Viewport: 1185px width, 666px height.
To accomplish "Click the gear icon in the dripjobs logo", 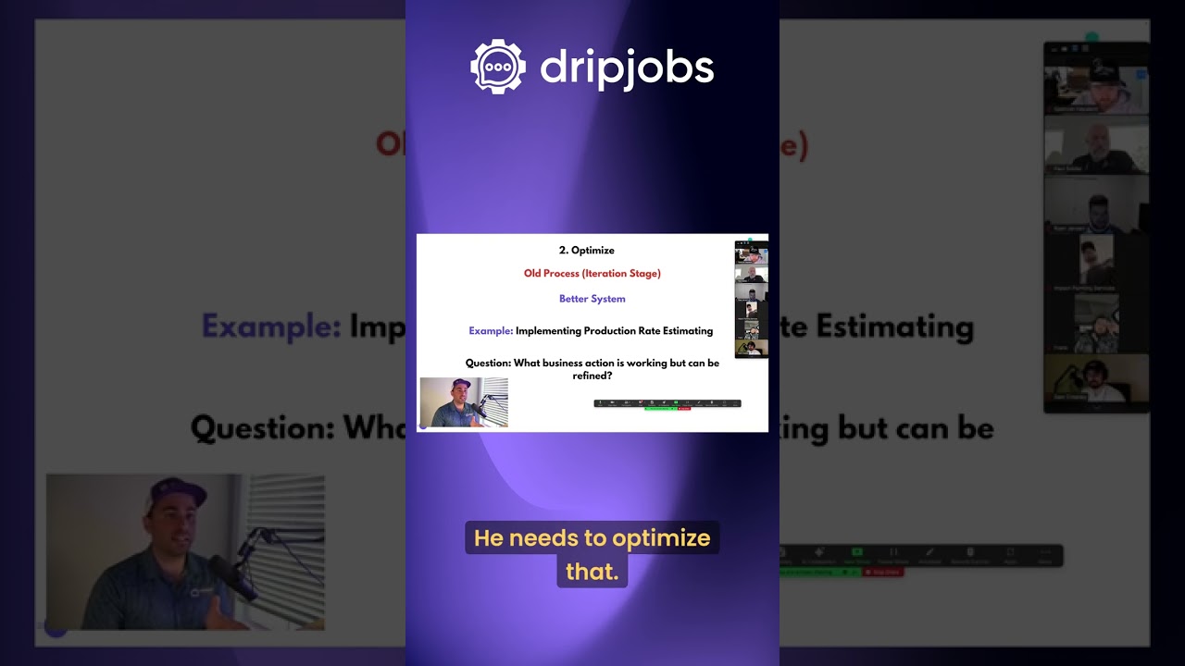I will tap(498, 68).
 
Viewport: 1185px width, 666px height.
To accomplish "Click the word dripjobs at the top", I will tap(627, 68).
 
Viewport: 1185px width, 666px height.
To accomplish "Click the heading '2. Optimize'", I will tap(586, 251).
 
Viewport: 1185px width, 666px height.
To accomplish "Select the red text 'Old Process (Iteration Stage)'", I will tap(592, 274).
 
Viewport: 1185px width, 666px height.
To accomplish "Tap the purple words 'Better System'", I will tap(592, 300).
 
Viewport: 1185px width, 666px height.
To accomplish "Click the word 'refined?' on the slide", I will tap(592, 376).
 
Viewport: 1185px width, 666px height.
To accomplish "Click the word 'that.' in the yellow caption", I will tap(592, 572).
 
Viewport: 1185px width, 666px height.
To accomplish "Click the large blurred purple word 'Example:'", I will tap(271, 327).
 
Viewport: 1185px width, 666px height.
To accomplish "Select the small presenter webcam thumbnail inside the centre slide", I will tap(464, 402).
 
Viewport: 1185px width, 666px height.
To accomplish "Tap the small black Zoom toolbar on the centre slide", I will tap(667, 403).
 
